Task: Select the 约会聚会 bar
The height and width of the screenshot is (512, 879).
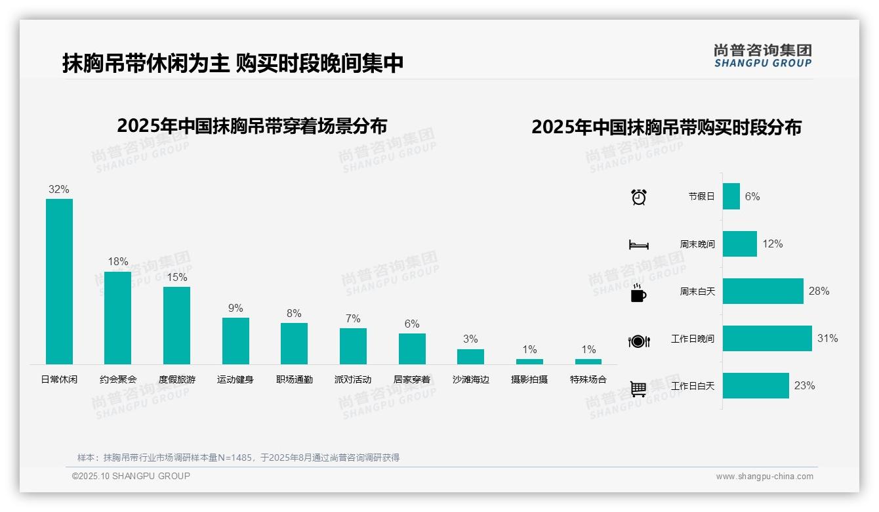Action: tap(117, 318)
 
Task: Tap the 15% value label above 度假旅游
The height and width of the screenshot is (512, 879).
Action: tap(176, 277)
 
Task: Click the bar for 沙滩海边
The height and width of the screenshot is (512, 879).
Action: tap(470, 356)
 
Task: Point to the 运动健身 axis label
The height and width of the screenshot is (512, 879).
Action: tap(235, 379)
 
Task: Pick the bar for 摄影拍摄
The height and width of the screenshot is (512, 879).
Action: tap(529, 362)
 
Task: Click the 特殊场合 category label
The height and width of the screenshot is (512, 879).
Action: tap(588, 379)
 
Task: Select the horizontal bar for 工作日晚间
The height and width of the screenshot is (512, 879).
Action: tap(767, 339)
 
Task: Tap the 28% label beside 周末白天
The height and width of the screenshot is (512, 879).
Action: tap(819, 291)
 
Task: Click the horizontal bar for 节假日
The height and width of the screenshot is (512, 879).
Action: tap(731, 196)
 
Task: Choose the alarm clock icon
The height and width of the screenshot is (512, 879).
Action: tap(638, 197)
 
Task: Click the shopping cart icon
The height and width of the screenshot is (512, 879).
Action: tap(638, 389)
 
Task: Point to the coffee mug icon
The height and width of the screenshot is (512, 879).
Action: tap(638, 293)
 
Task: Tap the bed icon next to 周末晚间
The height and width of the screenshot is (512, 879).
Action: tap(638, 245)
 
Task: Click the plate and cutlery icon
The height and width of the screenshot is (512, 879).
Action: tap(638, 341)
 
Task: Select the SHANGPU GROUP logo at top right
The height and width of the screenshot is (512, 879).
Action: tap(762, 56)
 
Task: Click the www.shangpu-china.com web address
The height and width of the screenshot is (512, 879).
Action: tap(764, 477)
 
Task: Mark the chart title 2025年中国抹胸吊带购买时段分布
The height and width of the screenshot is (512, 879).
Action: tap(666, 127)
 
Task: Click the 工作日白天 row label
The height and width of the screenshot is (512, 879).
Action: tap(693, 386)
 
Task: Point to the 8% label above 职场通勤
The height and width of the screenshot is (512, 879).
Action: tap(294, 313)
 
